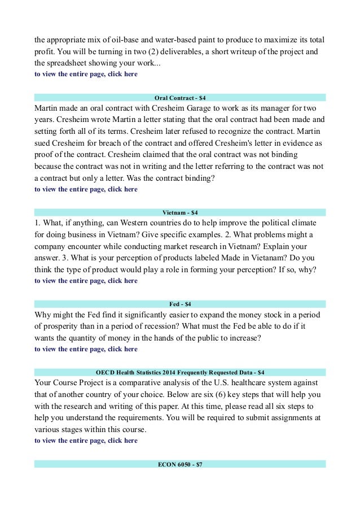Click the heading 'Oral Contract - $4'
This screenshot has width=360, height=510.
click(x=180, y=97)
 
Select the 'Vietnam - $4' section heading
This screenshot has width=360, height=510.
click(x=180, y=212)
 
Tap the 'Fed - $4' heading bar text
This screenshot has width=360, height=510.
click(x=180, y=304)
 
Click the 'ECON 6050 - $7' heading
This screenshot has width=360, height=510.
click(x=180, y=464)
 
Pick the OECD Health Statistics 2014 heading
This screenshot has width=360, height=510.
click(x=180, y=372)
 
